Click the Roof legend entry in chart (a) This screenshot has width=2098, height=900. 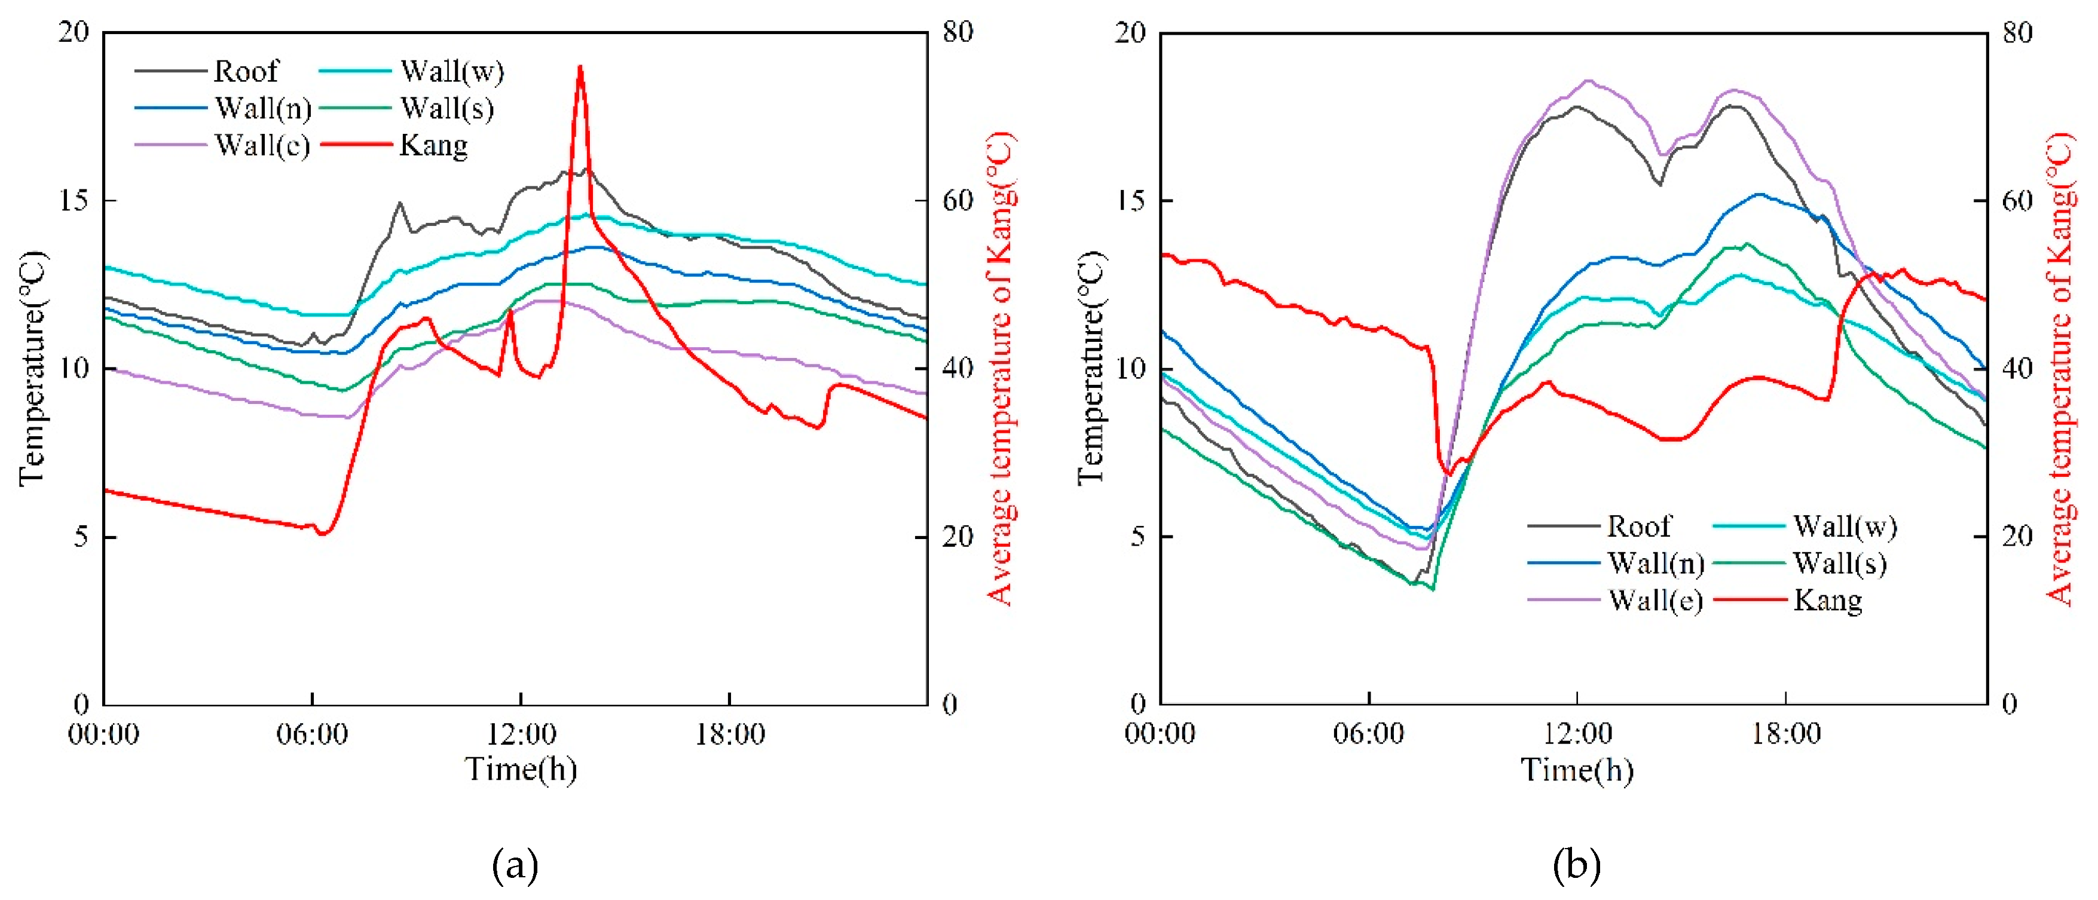[x=245, y=72]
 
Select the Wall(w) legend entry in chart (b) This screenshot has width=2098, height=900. [x=1844, y=527]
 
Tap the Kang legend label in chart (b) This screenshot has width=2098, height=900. [x=1827, y=601]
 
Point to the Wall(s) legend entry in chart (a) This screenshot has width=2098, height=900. [x=446, y=108]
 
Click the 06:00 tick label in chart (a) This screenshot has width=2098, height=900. [x=312, y=734]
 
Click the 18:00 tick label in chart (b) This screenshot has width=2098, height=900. [x=1786, y=734]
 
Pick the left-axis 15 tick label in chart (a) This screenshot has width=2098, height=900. [x=74, y=200]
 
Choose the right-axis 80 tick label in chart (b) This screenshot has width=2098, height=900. [x=2017, y=33]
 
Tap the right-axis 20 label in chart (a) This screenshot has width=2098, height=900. [x=958, y=537]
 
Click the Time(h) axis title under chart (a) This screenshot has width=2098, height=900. [x=521, y=770]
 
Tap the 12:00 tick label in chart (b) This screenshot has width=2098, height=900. [x=1577, y=734]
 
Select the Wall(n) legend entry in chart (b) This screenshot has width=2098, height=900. [x=1655, y=564]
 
